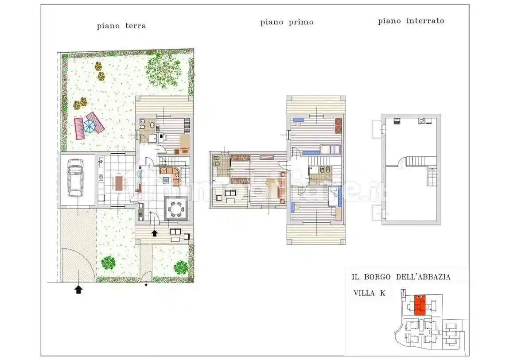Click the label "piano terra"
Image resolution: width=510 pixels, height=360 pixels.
[x=121, y=26]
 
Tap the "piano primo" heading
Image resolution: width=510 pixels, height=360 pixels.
[x=287, y=22]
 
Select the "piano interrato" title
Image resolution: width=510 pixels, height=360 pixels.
[x=411, y=21]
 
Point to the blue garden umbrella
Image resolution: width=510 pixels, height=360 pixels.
[x=89, y=126]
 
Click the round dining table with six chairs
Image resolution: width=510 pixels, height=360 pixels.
[x=177, y=208]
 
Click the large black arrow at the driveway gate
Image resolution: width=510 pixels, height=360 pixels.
[x=78, y=290]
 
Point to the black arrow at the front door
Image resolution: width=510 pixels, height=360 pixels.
[x=155, y=233]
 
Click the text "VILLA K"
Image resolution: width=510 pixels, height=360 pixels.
[x=369, y=293]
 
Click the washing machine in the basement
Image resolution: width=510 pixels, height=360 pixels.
[x=421, y=120]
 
